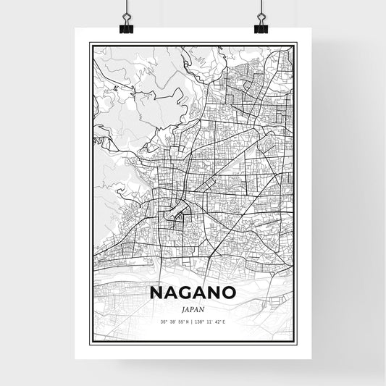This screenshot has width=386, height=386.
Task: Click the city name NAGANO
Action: pyautogui.click(x=193, y=293)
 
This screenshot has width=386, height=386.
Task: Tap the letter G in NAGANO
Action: pyautogui.click(x=185, y=293)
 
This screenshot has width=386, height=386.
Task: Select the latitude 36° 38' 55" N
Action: pyautogui.click(x=174, y=321)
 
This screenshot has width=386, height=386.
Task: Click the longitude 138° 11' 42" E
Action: pyautogui.click(x=212, y=321)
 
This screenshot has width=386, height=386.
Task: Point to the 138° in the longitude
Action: pyautogui.click(x=200, y=321)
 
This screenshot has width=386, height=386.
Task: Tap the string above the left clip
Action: pyautogui.click(x=126, y=7)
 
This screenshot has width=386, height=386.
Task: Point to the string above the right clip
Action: pyautogui.click(x=260, y=7)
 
